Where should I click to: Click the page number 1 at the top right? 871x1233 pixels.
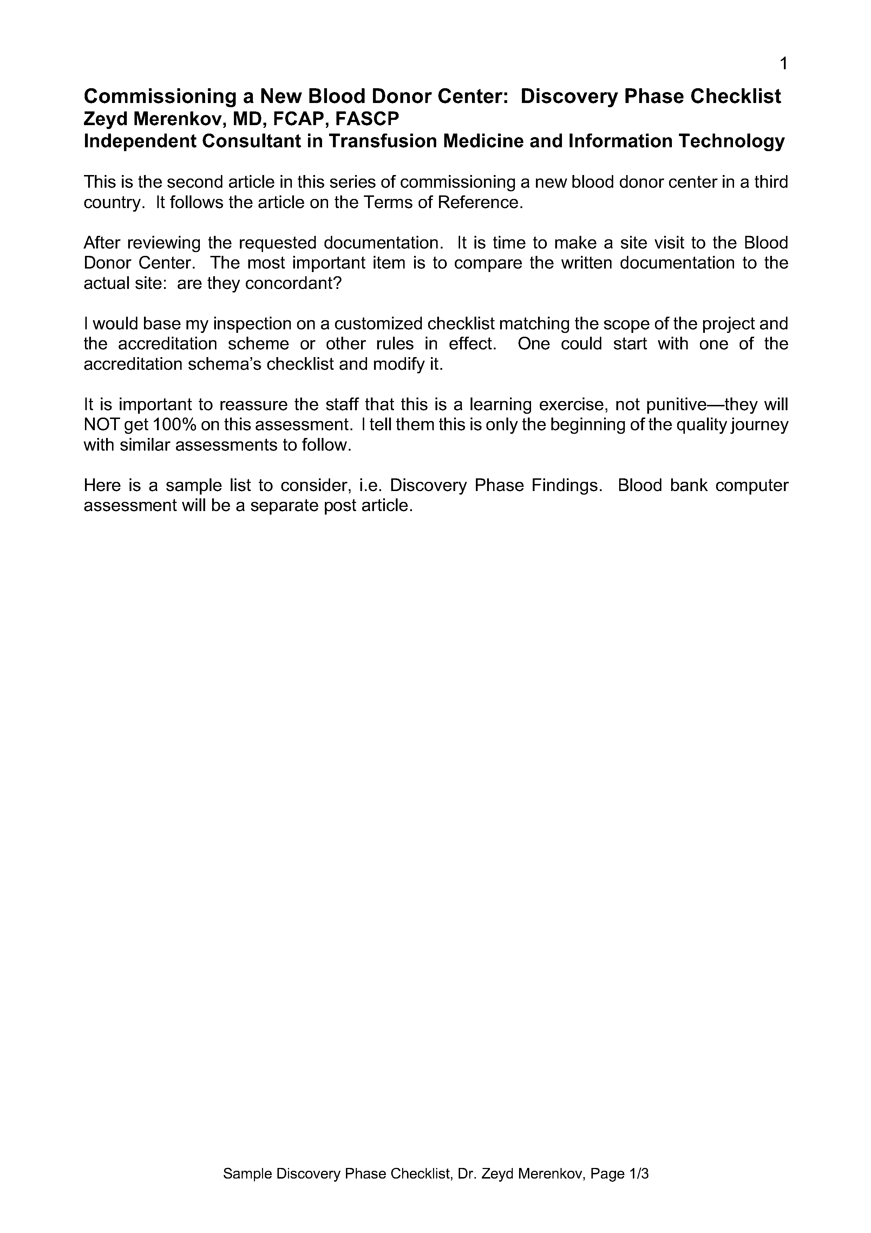tap(783, 64)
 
